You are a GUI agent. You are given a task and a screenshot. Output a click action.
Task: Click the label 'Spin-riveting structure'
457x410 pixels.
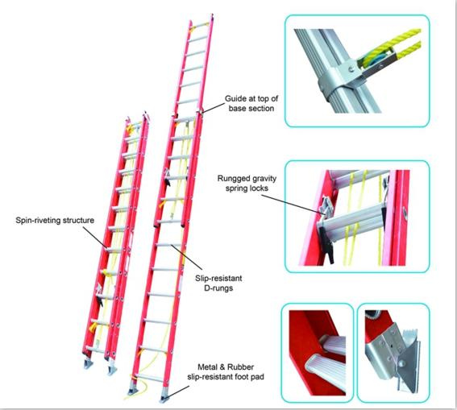55,220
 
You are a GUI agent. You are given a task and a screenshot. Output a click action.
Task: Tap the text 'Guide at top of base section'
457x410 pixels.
251,103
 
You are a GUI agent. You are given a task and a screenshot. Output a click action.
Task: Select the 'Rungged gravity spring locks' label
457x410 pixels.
247,183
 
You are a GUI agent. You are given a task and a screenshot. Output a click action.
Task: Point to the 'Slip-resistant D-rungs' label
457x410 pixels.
218,283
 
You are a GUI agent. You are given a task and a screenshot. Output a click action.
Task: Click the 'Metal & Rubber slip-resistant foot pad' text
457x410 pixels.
226,372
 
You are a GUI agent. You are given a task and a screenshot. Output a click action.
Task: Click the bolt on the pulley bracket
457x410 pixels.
352,69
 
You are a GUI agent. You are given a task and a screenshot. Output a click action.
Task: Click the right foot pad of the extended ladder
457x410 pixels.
165,396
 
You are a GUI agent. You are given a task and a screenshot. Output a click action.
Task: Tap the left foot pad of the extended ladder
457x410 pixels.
134,389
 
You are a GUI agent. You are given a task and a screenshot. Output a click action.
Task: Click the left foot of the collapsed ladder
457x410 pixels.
88,363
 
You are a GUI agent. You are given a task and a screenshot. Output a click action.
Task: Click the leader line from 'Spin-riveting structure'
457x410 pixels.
95,238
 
